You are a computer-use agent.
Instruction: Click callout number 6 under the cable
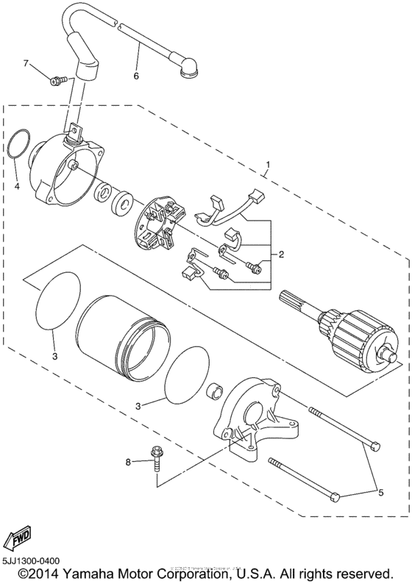coord(135,76)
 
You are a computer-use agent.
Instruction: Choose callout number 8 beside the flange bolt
coord(127,462)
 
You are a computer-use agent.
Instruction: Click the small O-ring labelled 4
coord(21,143)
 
